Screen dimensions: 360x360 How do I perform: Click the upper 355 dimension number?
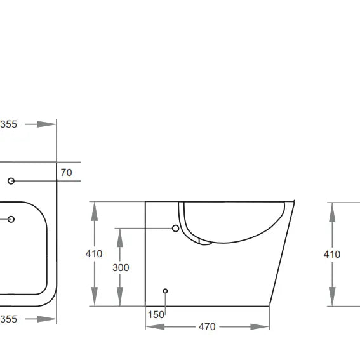(8, 124)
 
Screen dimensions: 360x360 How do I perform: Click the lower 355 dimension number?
(8, 319)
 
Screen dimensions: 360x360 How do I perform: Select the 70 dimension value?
(66, 172)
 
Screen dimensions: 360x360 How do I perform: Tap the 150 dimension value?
(157, 314)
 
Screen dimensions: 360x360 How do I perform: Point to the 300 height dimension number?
(121, 267)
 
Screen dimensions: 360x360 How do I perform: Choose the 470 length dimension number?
(207, 327)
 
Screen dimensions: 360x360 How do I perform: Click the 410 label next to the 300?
(94, 254)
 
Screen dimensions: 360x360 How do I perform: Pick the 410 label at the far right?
(331, 254)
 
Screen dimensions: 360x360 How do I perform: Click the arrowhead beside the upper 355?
(46, 124)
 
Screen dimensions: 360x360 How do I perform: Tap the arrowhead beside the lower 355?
(46, 319)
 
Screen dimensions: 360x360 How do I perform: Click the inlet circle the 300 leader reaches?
(176, 228)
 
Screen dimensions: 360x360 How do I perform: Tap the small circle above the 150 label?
(165, 291)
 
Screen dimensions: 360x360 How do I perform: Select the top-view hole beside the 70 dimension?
(11, 181)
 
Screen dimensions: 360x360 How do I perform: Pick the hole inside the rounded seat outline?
(11, 220)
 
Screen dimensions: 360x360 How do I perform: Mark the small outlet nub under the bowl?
(204, 241)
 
